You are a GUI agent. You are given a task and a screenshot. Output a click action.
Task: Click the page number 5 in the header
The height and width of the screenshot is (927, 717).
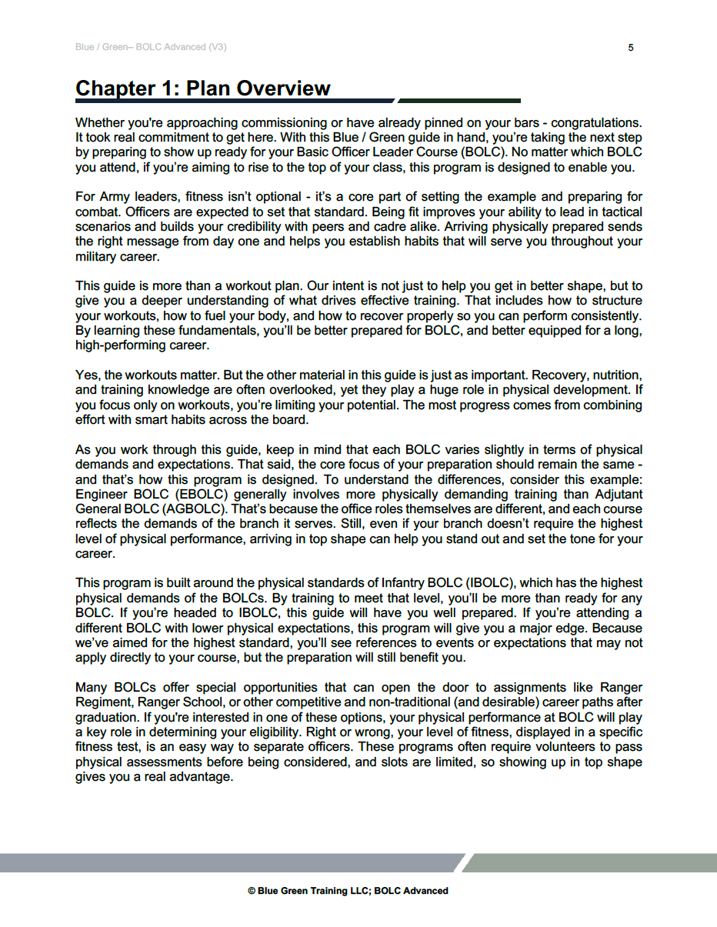[x=631, y=48]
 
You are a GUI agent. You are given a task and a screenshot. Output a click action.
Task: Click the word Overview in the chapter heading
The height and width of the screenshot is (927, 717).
[x=283, y=88]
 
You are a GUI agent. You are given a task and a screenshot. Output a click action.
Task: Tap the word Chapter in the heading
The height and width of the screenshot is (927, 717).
[x=115, y=88]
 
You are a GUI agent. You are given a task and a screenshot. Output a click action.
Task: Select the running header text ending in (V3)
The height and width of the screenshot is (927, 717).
[x=151, y=48]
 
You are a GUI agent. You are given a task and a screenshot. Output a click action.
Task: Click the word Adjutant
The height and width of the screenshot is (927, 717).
[x=614, y=494]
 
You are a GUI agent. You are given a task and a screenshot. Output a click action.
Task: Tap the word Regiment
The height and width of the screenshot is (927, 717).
[x=102, y=702]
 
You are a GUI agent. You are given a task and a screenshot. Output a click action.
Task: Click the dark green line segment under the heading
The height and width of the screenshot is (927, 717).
[x=459, y=101]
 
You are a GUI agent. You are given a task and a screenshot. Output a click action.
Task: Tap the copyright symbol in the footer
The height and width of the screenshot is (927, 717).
[x=252, y=891]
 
